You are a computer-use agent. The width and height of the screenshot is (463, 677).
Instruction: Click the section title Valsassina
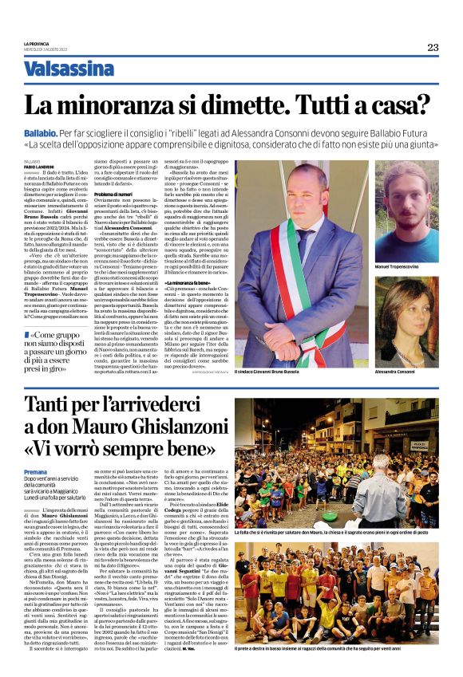coord(80,69)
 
